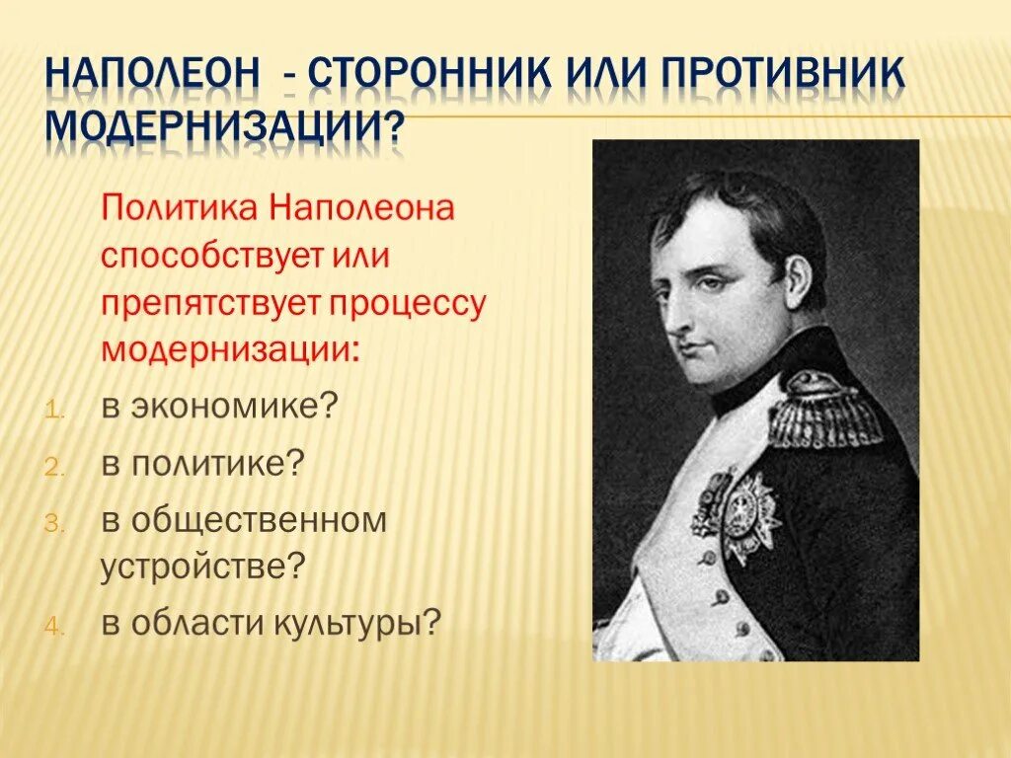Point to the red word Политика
pyautogui.click(x=179, y=209)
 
